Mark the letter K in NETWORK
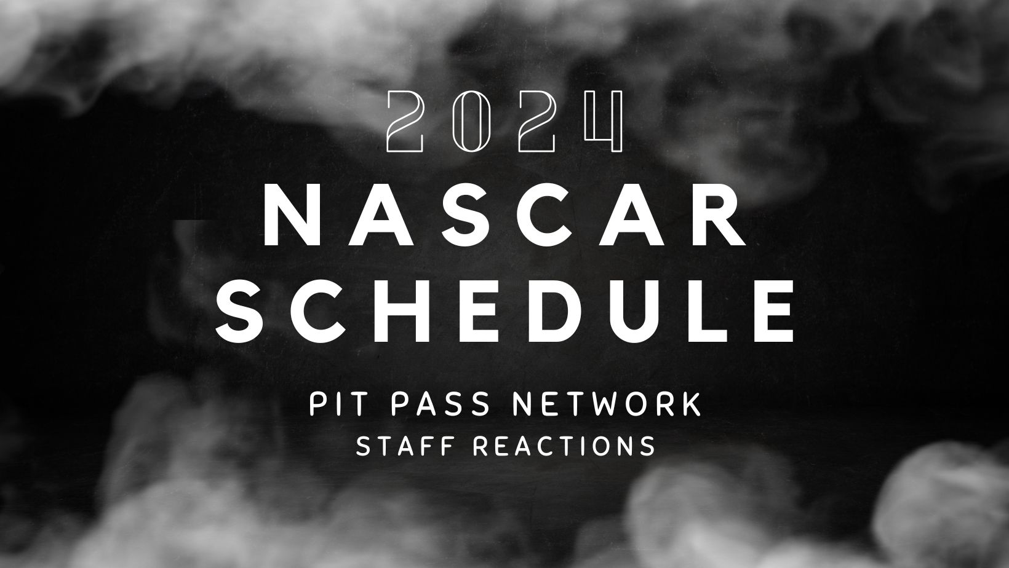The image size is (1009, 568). [692, 405]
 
